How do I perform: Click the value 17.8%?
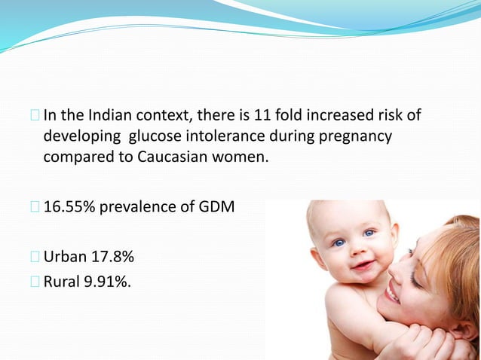pos(112,258)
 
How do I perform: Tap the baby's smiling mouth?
pos(361,266)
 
